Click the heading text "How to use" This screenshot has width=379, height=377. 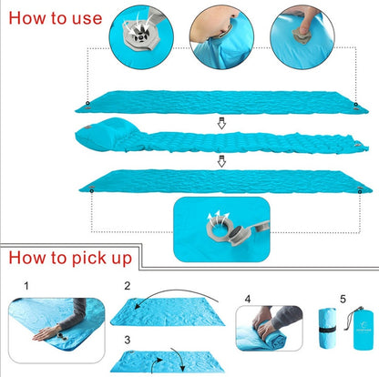pyautogui.click(x=50, y=17)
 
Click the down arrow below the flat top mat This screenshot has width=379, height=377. pyautogui.click(x=220, y=121)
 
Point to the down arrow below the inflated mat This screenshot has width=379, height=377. pyautogui.click(x=220, y=162)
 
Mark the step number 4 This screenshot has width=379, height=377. pyautogui.click(x=248, y=296)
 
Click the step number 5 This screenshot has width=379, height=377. pyautogui.click(x=343, y=296)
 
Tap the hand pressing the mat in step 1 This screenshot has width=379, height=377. pyautogui.click(x=55, y=328)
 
